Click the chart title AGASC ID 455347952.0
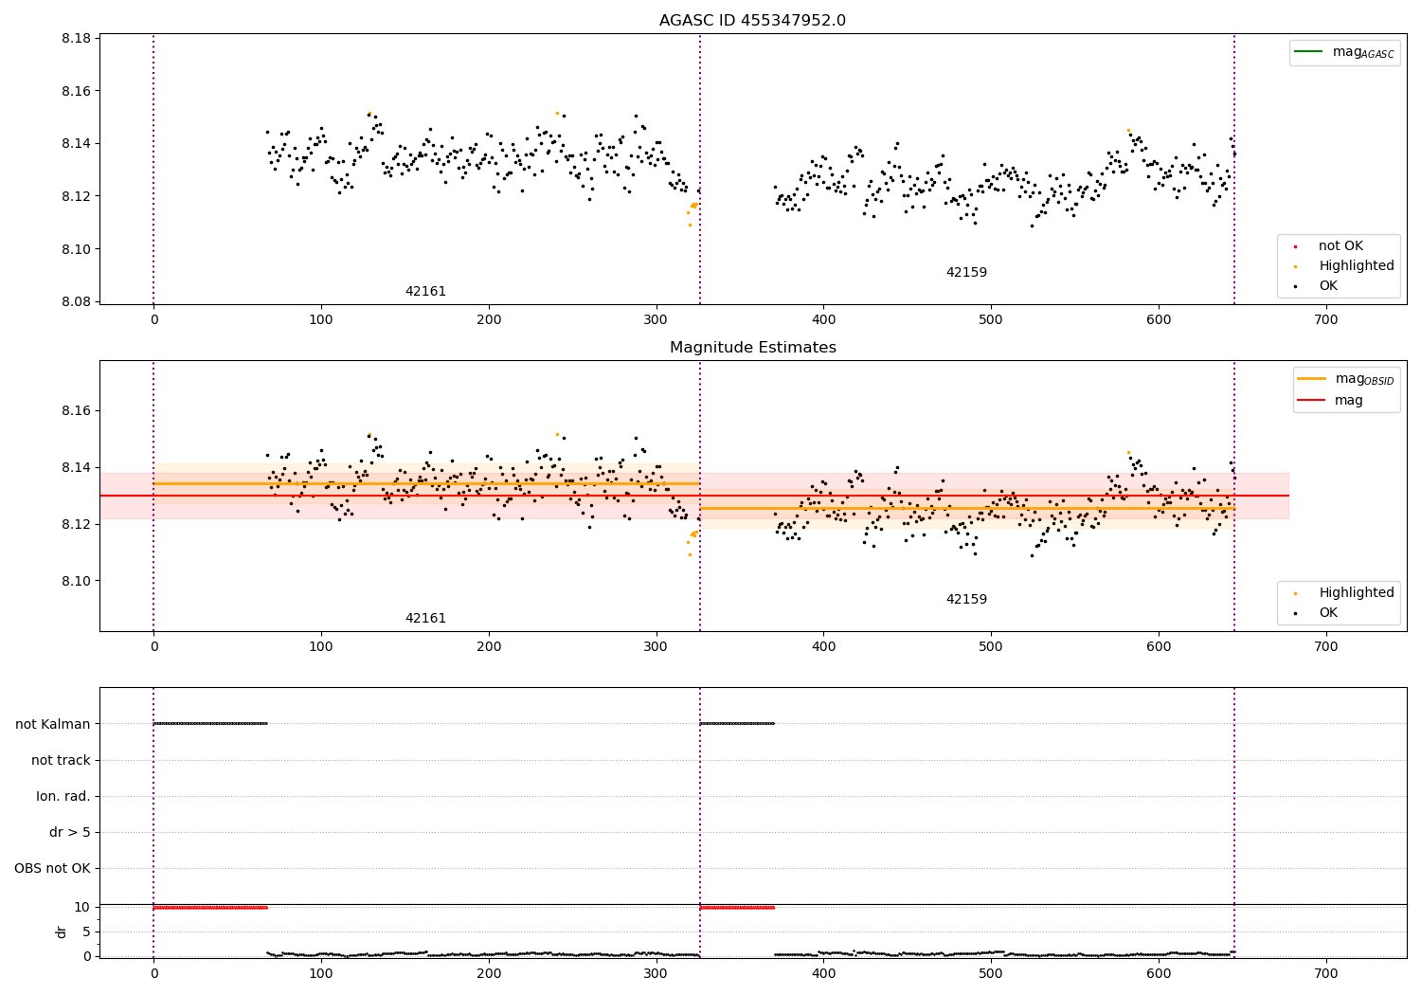[752, 21]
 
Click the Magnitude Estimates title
[752, 348]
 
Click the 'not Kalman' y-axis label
[53, 724]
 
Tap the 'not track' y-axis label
[61, 760]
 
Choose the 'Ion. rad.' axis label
[63, 796]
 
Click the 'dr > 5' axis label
[70, 832]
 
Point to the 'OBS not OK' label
[52, 868]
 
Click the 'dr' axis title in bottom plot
[62, 932]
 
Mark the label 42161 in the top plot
[425, 292]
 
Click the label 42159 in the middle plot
[966, 600]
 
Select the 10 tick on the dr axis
[81, 907]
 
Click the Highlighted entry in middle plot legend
[1356, 593]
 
